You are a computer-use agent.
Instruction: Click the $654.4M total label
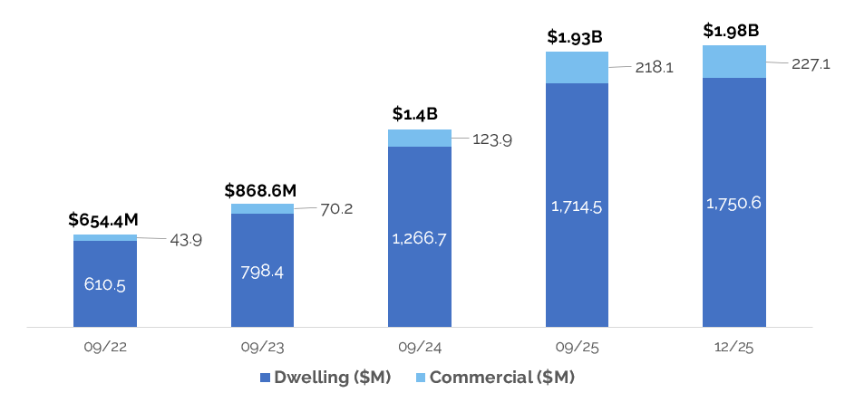click(x=104, y=220)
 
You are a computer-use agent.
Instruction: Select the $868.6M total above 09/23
click(x=261, y=190)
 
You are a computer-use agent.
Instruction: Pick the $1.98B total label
click(x=732, y=31)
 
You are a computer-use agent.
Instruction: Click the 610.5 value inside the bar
click(x=105, y=284)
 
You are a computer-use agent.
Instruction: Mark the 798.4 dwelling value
click(x=262, y=271)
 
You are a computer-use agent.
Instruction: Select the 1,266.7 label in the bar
click(x=419, y=238)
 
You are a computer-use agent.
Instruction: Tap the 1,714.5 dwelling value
click(x=577, y=206)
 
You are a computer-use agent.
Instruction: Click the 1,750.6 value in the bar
click(x=733, y=203)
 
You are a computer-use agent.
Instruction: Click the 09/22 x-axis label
click(x=105, y=347)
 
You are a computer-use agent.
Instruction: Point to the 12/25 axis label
click(x=733, y=347)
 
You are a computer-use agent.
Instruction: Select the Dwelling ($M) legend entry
click(x=325, y=378)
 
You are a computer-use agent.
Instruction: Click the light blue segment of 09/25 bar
click(x=577, y=68)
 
